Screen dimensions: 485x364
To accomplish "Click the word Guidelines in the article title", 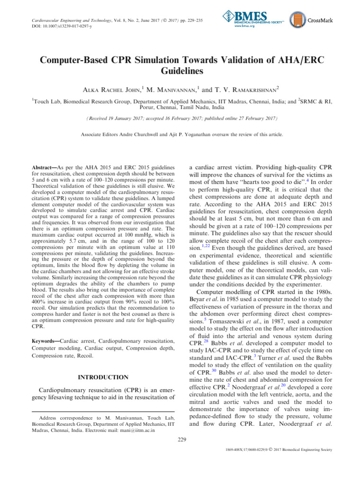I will pos(182,71).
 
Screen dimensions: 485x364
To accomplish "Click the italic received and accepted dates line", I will pos(182,118).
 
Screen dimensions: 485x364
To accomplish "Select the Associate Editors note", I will pos(182,135).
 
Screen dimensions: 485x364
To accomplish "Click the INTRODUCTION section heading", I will pos(103,377).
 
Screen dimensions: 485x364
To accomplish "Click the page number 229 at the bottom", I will pos(182,440).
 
